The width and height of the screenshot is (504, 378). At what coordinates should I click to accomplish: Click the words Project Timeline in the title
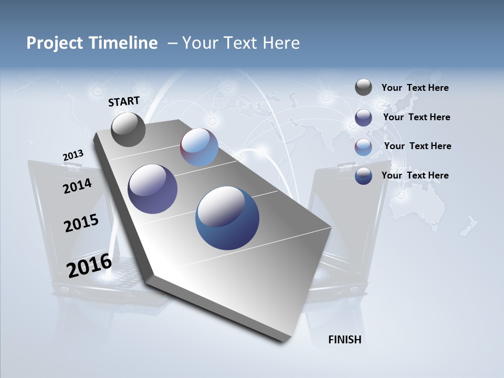pos(92,43)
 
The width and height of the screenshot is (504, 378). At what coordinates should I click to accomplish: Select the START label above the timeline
pos(124,101)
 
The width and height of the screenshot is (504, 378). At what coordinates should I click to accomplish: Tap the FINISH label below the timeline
pos(344,340)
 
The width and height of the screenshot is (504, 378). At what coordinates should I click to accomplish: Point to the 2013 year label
pos(73,155)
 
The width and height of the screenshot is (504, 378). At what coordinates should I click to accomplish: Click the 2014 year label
pos(77,186)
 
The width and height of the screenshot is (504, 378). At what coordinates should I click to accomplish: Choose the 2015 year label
pos(81,223)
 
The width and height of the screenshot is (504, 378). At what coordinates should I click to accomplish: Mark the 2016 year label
pos(89,265)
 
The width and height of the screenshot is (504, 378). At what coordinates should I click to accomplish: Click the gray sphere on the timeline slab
pos(128,130)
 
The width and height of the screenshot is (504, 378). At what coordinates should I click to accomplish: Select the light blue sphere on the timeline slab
pos(199,147)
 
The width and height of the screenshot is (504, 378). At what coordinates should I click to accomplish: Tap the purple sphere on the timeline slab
pos(153,189)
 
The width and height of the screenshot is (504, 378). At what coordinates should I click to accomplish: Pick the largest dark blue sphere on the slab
pos(227,218)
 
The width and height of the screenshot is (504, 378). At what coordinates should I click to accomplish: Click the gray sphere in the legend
pos(363,87)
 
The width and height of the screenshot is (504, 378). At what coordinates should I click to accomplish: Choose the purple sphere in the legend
pos(363,118)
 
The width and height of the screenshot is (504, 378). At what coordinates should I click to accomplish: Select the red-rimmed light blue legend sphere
pos(363,147)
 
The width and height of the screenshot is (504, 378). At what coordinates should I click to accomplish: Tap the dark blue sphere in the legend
pos(363,176)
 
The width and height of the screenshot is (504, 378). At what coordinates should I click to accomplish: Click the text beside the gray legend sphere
pos(415,88)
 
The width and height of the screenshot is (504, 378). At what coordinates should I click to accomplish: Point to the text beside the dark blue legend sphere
pos(415,175)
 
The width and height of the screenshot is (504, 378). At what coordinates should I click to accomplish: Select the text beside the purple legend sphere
pos(416,117)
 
